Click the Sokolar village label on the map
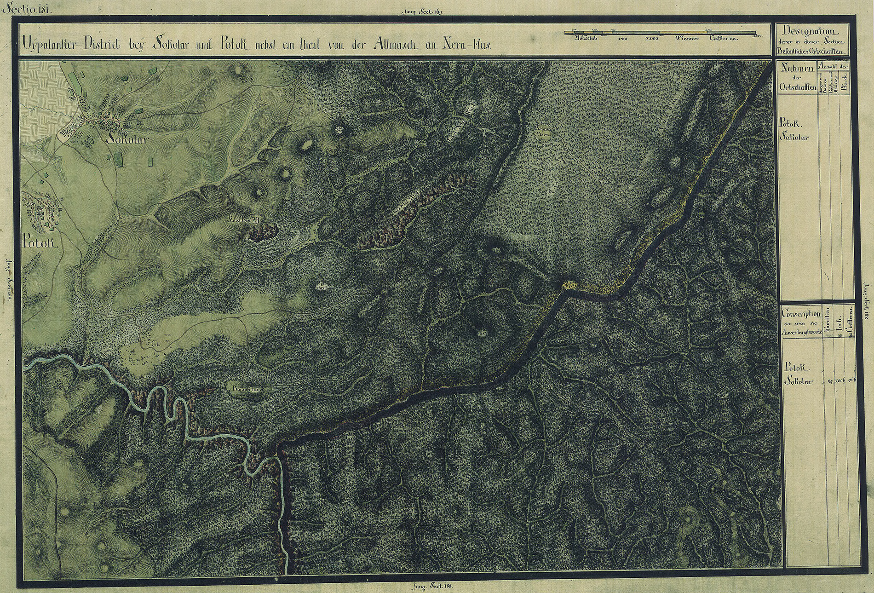(127, 139)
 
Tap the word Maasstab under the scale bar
(584, 40)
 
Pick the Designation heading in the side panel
(811, 31)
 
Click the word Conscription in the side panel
(801, 314)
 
